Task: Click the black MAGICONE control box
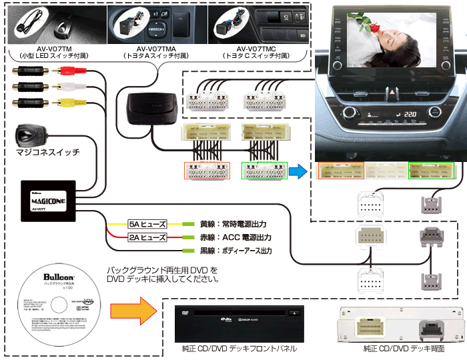point(48,199)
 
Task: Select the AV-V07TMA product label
point(156,49)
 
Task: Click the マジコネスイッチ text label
point(47,153)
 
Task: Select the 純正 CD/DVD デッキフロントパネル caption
point(239,348)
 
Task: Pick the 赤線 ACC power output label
point(236,237)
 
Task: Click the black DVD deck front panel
point(239,322)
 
